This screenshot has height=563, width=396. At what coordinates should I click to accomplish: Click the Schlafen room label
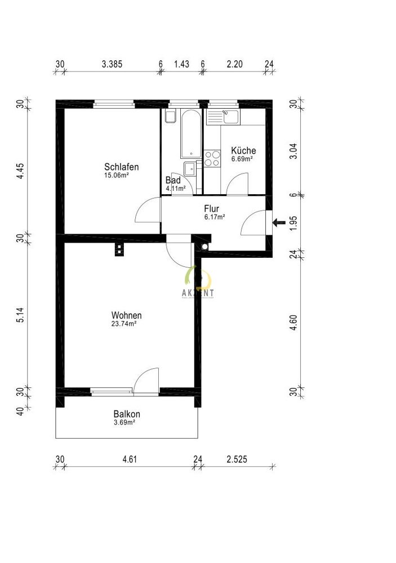tap(121, 167)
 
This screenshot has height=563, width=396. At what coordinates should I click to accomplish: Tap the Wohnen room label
tap(126, 315)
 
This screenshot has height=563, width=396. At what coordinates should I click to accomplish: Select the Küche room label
tap(243, 151)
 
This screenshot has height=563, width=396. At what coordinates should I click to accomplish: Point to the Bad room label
tap(173, 180)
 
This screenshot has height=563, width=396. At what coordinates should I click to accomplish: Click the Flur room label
tap(215, 208)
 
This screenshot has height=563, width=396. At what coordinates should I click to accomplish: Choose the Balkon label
tap(127, 414)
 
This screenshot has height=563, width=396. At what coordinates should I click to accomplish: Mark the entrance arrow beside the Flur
tap(278, 223)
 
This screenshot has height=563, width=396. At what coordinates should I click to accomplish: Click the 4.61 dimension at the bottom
tap(130, 459)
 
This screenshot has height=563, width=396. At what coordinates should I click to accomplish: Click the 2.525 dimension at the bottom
tap(237, 459)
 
